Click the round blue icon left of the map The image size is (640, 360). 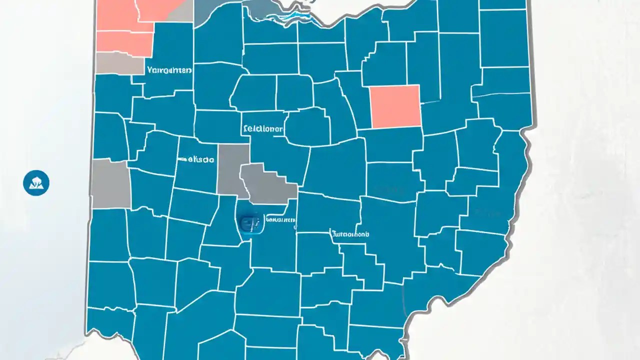(36, 182)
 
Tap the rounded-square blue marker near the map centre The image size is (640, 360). (251, 223)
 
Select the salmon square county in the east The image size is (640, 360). (395, 106)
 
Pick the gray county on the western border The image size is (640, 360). (110, 184)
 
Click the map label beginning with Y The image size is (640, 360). (169, 70)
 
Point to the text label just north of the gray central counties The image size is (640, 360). (262, 128)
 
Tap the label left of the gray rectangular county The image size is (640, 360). (198, 159)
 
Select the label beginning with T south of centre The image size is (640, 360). (349, 233)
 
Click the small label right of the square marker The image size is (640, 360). (280, 219)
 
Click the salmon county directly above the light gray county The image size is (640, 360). (124, 42)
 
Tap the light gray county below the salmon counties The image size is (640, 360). (119, 63)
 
